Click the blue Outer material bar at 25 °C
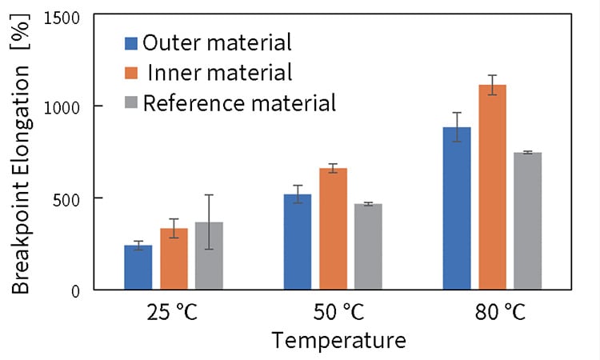pyautogui.click(x=138, y=267)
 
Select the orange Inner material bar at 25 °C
pyautogui.click(x=174, y=259)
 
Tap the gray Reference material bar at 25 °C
pyautogui.click(x=209, y=256)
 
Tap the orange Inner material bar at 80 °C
pyautogui.click(x=492, y=187)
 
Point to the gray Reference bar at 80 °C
pyautogui.click(x=527, y=221)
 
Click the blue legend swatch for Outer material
pyautogui.click(x=132, y=42)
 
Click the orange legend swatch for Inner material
pyautogui.click(x=132, y=73)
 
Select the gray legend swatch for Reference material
pyautogui.click(x=132, y=103)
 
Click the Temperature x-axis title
pyautogui.click(x=338, y=341)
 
